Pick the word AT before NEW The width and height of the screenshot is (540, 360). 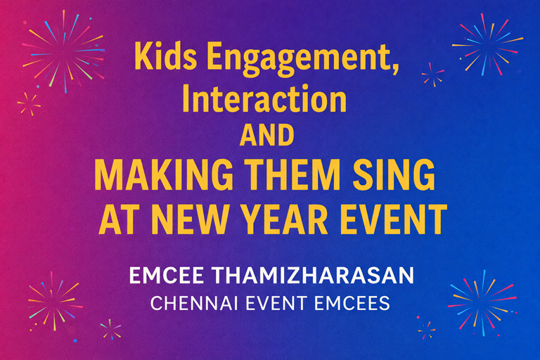[x=120, y=219]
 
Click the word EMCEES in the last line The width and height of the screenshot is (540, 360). [x=358, y=305]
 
